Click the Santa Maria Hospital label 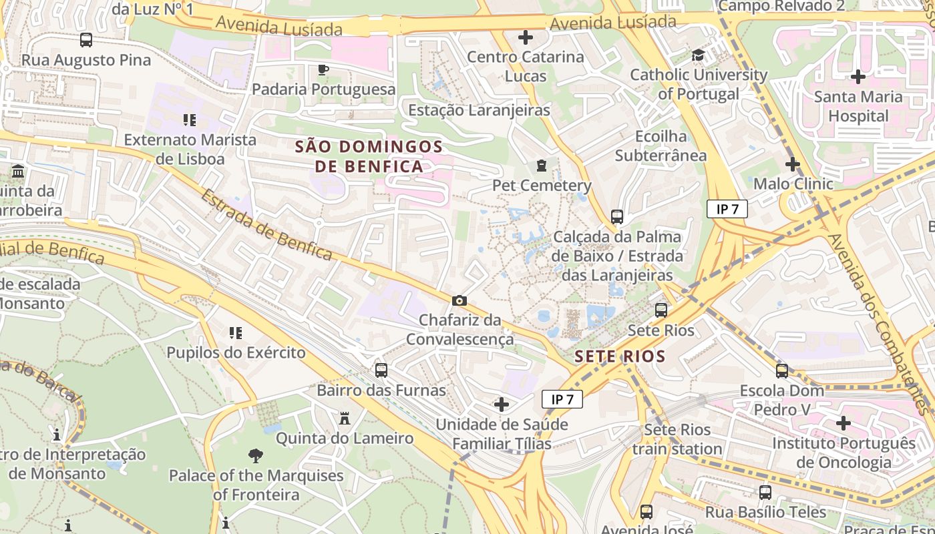click(x=858, y=106)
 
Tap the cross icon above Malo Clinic click(x=793, y=164)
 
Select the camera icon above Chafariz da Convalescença click(x=459, y=301)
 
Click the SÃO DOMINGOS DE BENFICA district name click(x=369, y=156)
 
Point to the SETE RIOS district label click(x=620, y=356)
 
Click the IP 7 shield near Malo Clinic click(x=727, y=209)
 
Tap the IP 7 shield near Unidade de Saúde click(x=562, y=399)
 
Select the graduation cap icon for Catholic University click(x=699, y=55)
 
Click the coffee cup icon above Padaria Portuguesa click(x=323, y=69)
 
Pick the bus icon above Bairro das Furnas click(x=381, y=370)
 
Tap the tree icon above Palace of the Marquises click(x=255, y=456)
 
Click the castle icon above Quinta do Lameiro click(x=345, y=419)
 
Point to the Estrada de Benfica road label click(x=266, y=224)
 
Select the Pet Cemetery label click(x=542, y=185)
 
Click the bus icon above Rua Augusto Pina click(x=86, y=40)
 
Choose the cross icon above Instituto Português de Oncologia click(x=844, y=423)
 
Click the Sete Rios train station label click(x=677, y=439)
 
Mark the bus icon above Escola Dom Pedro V click(x=782, y=370)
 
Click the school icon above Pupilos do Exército click(x=235, y=332)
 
